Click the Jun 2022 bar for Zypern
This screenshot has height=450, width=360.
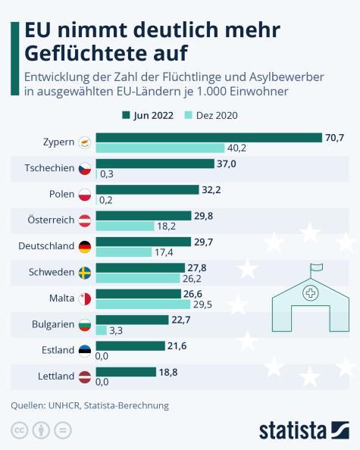209,137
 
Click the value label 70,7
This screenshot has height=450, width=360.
333,137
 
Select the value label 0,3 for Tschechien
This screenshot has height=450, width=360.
107,174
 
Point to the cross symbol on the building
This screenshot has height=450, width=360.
310,292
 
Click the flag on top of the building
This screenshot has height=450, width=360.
315,266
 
